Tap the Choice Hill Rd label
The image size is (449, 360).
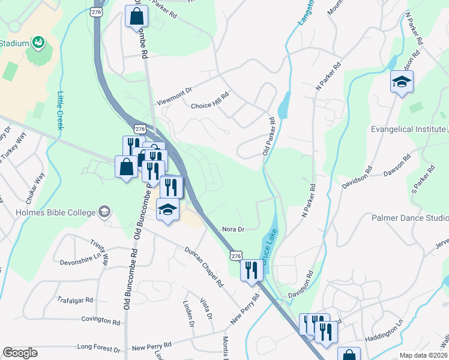[210, 101]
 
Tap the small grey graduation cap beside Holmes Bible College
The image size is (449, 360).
[104, 212]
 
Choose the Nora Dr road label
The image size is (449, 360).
[233, 229]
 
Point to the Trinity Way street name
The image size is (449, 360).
[100, 253]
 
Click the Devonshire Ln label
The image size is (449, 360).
[83, 263]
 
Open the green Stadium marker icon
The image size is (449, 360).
[38, 43]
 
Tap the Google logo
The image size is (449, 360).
[20, 353]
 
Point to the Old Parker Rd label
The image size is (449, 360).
[268, 137]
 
